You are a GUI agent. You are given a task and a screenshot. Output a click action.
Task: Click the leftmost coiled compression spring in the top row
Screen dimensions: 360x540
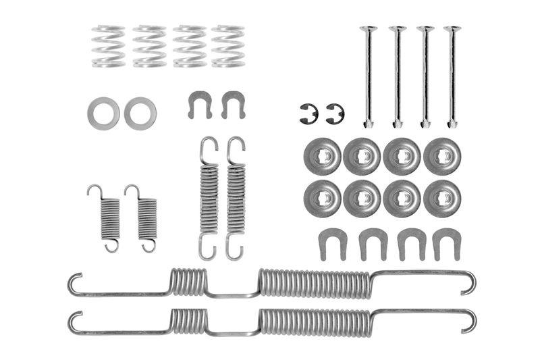tap(109, 46)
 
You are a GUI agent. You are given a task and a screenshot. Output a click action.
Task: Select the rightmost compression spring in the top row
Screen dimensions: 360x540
tap(227, 46)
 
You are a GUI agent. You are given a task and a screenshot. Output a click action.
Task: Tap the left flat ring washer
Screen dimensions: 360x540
tap(103, 113)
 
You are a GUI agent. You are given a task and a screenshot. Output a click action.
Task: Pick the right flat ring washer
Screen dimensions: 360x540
tap(140, 113)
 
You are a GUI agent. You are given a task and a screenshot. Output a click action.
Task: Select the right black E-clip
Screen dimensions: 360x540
tap(335, 113)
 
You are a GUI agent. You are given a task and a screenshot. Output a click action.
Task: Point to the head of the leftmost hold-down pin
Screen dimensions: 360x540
tap(369, 30)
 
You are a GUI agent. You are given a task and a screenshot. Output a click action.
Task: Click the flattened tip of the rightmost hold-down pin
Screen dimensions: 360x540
tap(452, 122)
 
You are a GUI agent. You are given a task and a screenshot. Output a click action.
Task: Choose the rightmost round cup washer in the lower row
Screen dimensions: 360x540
tap(441, 199)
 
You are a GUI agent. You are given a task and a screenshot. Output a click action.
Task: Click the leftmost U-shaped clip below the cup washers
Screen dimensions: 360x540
tap(331, 242)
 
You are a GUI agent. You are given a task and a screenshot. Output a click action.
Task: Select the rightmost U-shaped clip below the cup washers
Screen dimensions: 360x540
tap(446, 242)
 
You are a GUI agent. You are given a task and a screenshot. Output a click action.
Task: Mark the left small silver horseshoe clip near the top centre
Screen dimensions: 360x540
tap(200, 104)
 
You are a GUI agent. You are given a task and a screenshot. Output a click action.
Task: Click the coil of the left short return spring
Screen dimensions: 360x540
tap(110, 218)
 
